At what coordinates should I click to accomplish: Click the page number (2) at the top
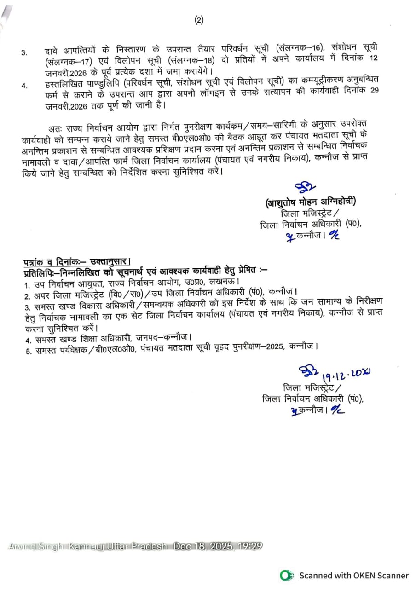pos(199,20)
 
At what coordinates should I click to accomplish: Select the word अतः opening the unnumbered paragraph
pos(54,127)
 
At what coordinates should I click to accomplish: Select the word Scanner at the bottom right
pos(390,575)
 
